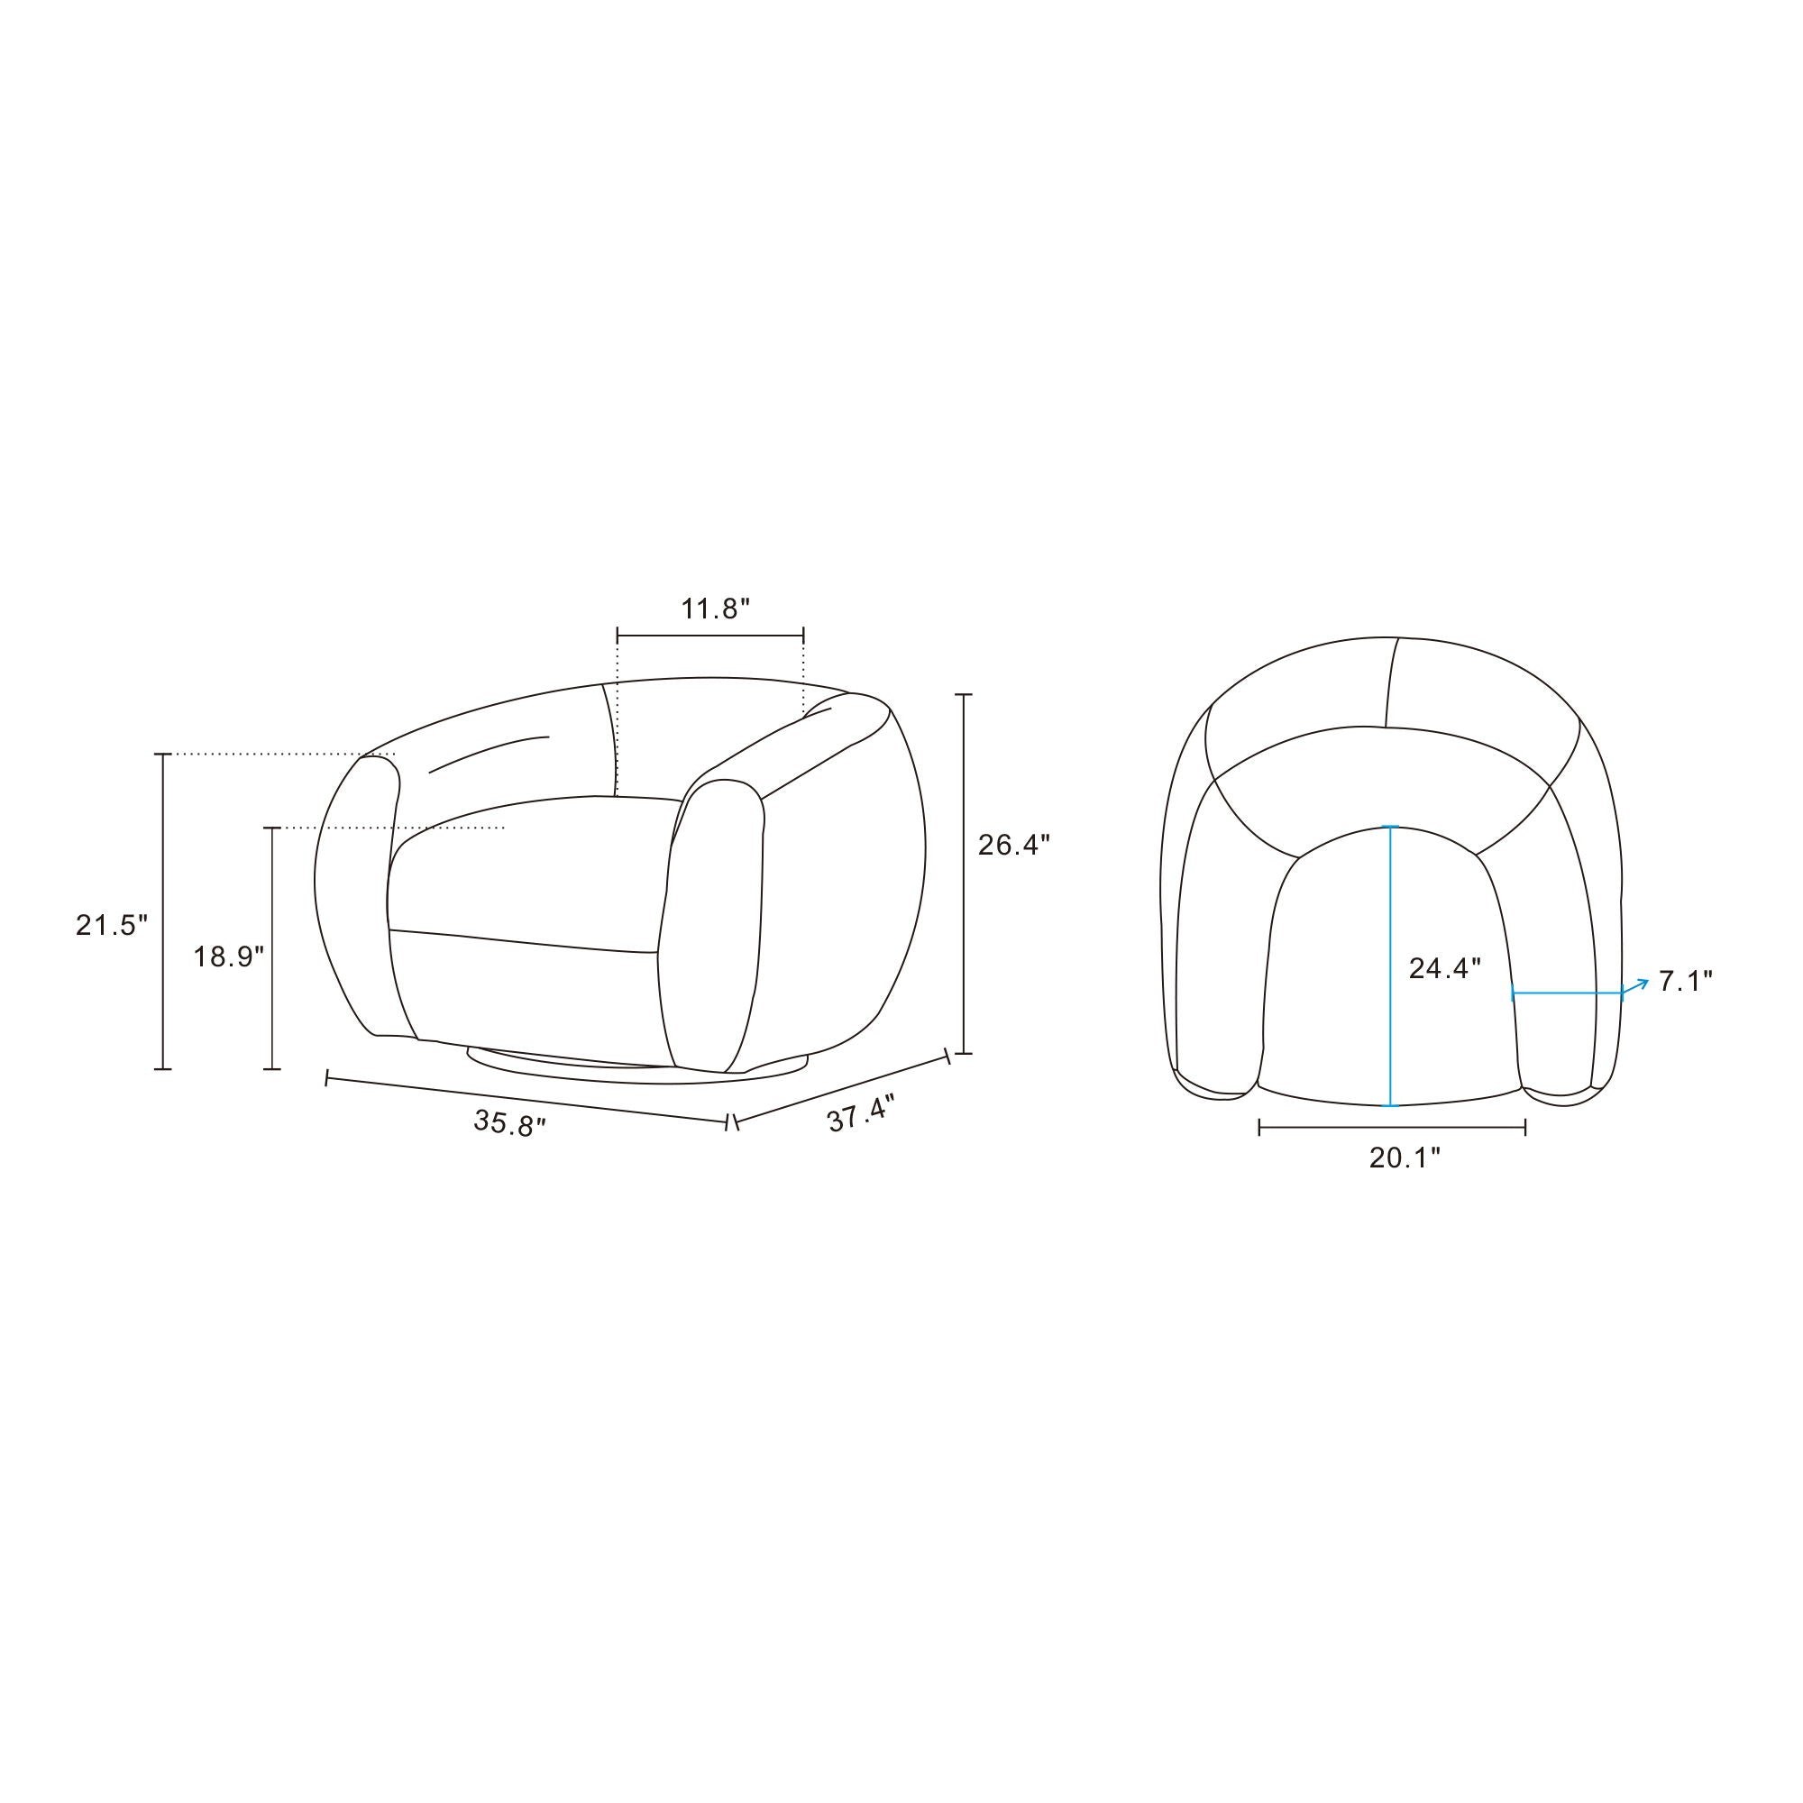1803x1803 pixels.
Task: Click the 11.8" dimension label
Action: (715, 609)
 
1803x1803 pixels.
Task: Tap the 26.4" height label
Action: (1014, 846)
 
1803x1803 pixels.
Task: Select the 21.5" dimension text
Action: (112, 926)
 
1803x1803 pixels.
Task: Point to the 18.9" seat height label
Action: (229, 956)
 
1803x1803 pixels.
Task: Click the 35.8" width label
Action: (509, 1122)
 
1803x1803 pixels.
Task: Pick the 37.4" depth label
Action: (861, 1113)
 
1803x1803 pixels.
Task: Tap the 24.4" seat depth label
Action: (1444, 969)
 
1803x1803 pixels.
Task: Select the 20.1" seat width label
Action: (1405, 1158)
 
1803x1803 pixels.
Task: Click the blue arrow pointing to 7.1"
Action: (1636, 986)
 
